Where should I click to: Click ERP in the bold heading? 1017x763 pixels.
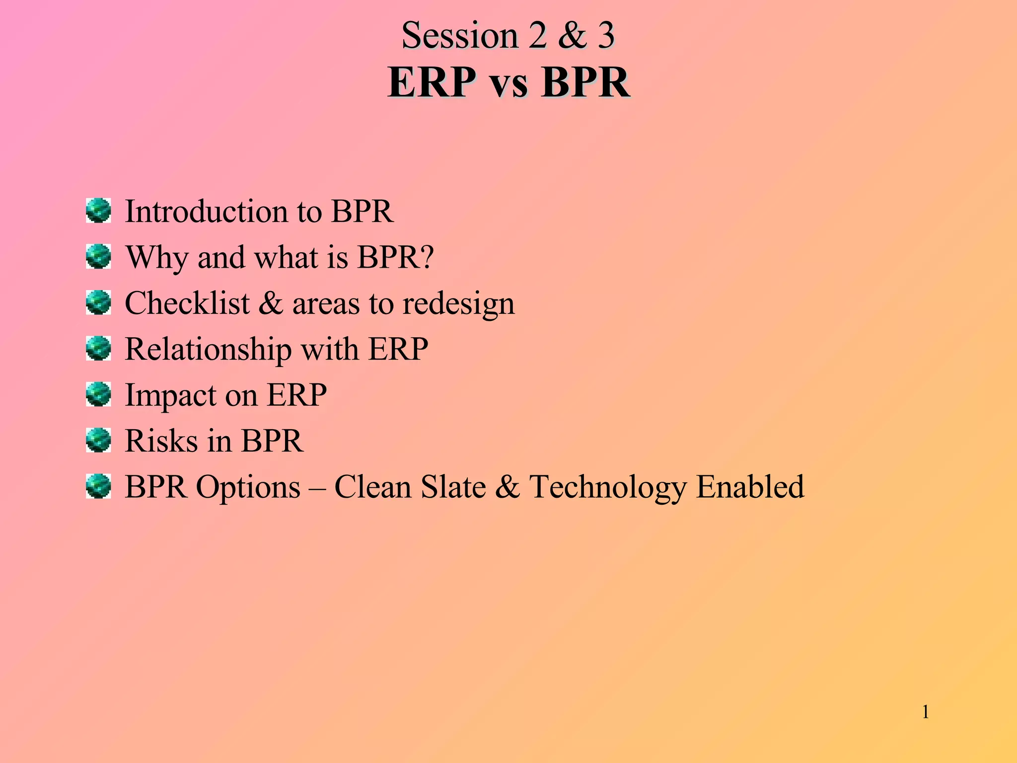point(431,82)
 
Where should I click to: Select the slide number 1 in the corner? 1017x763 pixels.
point(926,712)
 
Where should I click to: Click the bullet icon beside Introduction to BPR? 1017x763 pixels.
point(98,211)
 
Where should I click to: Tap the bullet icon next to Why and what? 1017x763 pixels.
point(98,256)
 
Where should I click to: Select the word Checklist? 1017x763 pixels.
point(187,303)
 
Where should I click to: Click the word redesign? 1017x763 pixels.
point(458,304)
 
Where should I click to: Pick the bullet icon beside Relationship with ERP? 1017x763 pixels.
point(98,348)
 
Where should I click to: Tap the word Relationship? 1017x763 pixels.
point(208,349)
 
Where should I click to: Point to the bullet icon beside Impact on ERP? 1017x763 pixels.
point(98,394)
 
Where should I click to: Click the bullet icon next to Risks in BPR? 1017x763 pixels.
point(98,440)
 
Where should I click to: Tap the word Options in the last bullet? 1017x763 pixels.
point(248,487)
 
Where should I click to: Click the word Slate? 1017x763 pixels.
point(453,487)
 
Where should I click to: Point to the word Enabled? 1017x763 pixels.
point(750,487)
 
